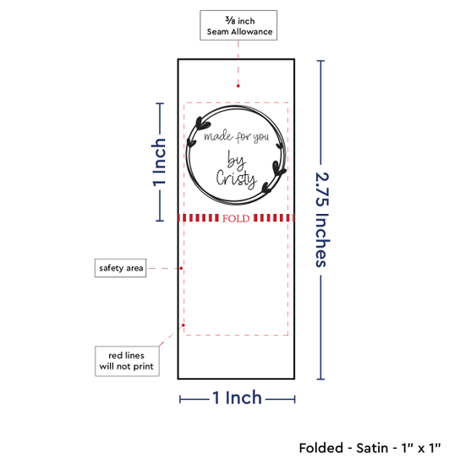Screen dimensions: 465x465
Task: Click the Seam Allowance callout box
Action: click(238, 25)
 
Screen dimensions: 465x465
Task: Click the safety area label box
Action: click(120, 268)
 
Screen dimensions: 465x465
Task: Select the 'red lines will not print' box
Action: click(127, 361)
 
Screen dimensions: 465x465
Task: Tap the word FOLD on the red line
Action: click(236, 219)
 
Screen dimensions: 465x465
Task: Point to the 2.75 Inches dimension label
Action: click(322, 220)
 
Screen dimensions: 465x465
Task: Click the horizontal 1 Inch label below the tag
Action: click(238, 397)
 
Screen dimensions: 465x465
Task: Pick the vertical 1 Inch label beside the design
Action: click(159, 162)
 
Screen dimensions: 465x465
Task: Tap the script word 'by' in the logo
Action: click(236, 160)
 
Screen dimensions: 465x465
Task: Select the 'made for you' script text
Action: click(237, 137)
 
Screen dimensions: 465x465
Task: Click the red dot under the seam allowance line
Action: click(238, 86)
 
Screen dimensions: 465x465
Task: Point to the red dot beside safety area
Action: click(181, 268)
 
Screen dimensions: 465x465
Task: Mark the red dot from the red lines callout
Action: click(183, 325)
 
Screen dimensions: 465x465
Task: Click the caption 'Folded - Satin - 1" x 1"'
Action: click(369, 448)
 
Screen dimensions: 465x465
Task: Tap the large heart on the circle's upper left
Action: click(203, 123)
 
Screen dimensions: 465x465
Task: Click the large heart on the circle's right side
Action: click(279, 169)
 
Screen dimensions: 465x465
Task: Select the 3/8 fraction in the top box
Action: click(230, 20)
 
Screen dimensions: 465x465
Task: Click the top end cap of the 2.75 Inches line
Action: click(321, 61)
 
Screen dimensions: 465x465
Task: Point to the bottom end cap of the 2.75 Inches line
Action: click(321, 379)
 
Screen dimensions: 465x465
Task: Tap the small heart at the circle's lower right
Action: click(266, 188)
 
